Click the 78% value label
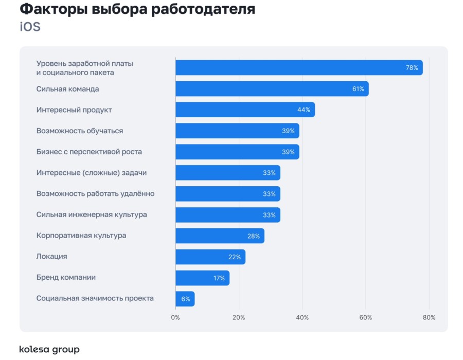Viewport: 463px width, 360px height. pyautogui.click(x=412, y=68)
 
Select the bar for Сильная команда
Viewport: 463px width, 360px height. pyautogui.click(x=272, y=89)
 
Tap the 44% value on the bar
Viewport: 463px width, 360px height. pyautogui.click(x=304, y=110)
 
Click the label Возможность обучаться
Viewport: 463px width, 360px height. pyautogui.click(x=80, y=131)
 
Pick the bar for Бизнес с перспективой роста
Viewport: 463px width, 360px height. pyautogui.click(x=237, y=152)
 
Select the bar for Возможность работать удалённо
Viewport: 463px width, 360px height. pyautogui.click(x=227, y=194)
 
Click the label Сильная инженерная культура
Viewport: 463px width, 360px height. pyautogui.click(x=92, y=214)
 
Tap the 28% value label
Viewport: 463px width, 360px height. pyautogui.click(x=254, y=236)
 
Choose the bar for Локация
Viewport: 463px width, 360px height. pyautogui.click(x=210, y=257)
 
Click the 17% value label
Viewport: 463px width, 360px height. pyautogui.click(x=219, y=278)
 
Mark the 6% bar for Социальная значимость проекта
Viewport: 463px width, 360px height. pyautogui.click(x=185, y=299)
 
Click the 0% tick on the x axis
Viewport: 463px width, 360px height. pyautogui.click(x=175, y=317)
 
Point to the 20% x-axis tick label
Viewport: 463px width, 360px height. pyautogui.click(x=239, y=317)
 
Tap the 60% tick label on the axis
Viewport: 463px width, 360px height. pyautogui.click(x=366, y=317)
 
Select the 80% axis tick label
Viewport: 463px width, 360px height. pyautogui.click(x=429, y=317)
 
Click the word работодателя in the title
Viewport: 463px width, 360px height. pyautogui.click(x=203, y=9)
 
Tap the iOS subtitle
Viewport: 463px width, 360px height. pyautogui.click(x=30, y=27)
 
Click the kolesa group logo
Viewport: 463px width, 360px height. pyautogui.click(x=49, y=350)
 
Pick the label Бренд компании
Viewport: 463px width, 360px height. pyautogui.click(x=66, y=278)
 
